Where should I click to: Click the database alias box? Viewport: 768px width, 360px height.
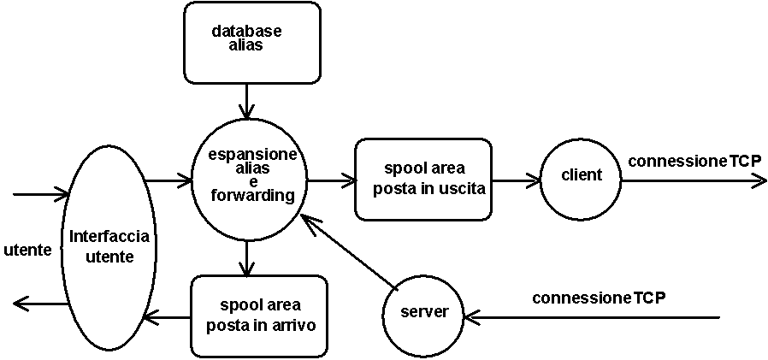pos(251,43)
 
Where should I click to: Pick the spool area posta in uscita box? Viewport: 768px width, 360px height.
pos(423,179)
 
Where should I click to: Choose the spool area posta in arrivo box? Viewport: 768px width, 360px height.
pos(259,316)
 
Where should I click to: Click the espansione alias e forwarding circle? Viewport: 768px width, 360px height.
pos(250,181)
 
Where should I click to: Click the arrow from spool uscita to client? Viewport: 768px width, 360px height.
pos(517,180)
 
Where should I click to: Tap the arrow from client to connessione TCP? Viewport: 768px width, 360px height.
pos(694,180)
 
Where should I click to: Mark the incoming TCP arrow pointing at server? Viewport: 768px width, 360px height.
pos(592,318)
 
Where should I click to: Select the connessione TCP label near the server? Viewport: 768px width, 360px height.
pos(599,298)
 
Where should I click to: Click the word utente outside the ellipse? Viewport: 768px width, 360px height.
pos(27,251)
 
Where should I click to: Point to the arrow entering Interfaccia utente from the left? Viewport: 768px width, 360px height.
pos(41,194)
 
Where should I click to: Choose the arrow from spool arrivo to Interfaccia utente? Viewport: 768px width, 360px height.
pos(167,318)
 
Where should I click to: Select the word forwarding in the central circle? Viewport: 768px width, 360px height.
pos(250,196)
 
